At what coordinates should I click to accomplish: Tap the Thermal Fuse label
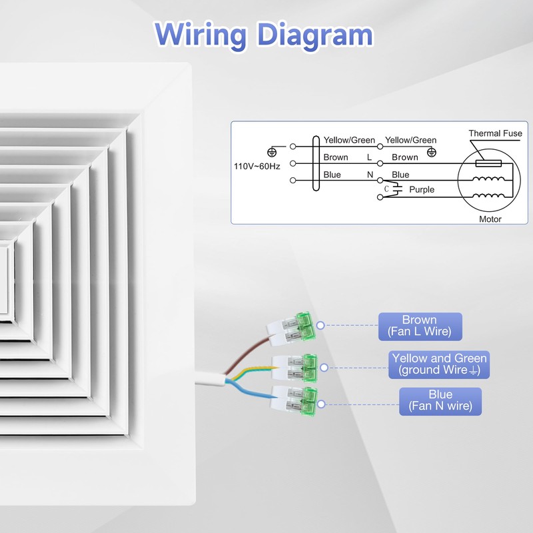click(x=495, y=133)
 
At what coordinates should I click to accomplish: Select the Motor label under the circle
click(x=490, y=219)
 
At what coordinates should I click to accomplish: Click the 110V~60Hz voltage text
click(x=257, y=166)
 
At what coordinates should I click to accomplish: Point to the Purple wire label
click(x=422, y=189)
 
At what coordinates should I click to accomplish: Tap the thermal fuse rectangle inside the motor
click(x=488, y=163)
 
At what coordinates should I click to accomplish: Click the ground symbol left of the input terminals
click(x=272, y=152)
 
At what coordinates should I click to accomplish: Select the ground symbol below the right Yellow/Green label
click(x=431, y=152)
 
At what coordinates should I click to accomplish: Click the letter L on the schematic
click(x=370, y=157)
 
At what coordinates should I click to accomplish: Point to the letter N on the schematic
click(x=370, y=175)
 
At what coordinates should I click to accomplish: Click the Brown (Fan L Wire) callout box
click(x=420, y=326)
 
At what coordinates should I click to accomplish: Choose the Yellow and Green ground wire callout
click(x=439, y=364)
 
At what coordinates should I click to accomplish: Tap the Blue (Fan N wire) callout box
click(x=440, y=401)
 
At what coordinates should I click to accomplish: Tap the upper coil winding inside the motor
click(x=488, y=179)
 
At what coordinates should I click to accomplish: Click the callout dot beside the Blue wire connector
click(x=321, y=404)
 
